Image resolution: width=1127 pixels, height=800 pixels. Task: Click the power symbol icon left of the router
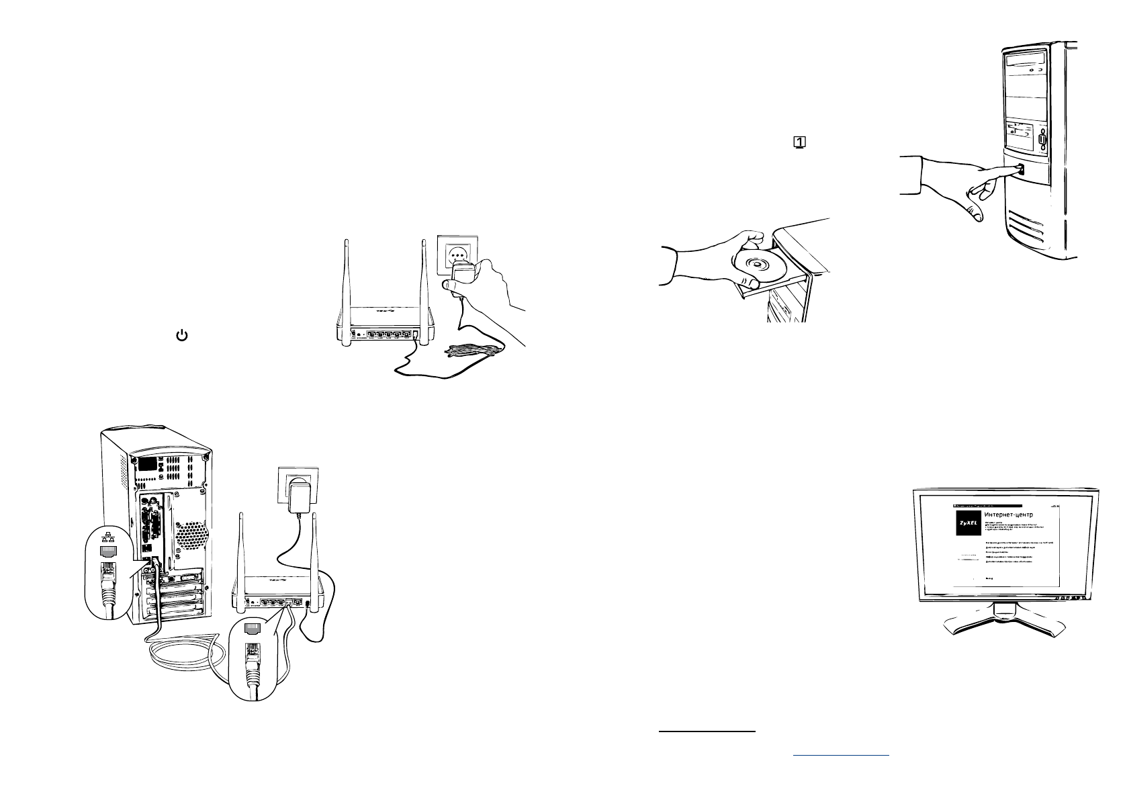pos(181,335)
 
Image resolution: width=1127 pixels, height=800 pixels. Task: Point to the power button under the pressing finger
pos(1020,170)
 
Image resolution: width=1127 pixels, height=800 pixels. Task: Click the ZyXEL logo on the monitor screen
pos(968,523)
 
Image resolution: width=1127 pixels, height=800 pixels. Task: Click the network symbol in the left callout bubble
pos(107,537)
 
